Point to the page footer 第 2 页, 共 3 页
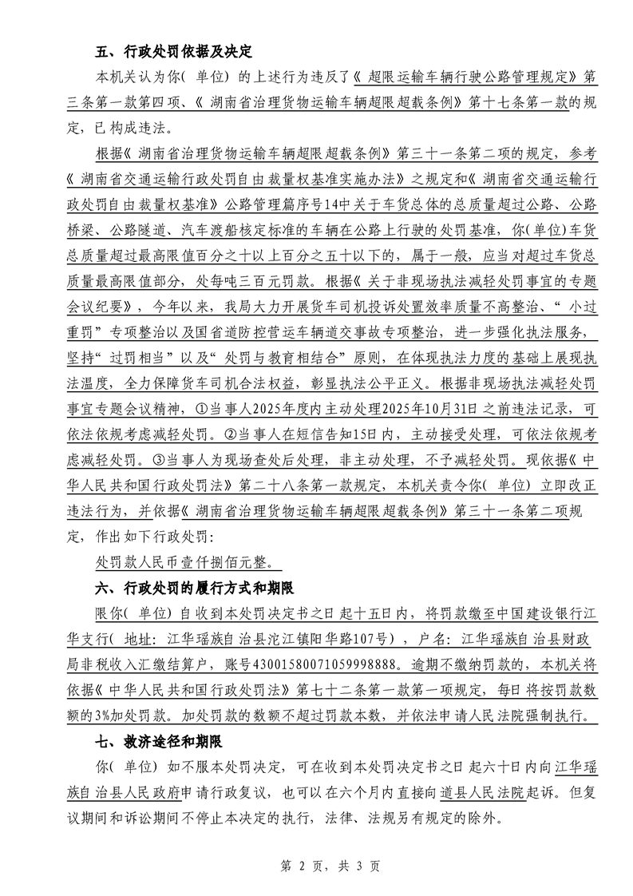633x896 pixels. tap(316, 865)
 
